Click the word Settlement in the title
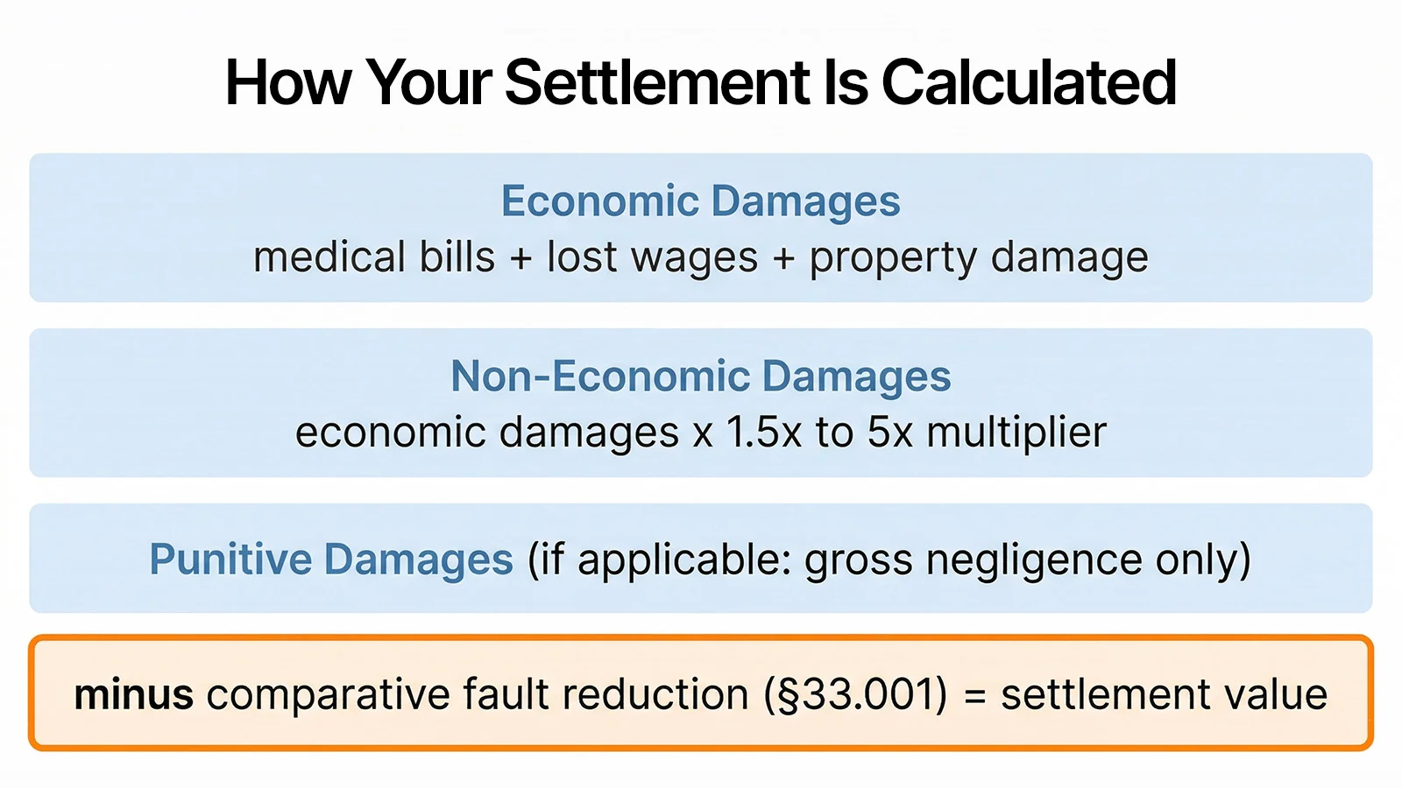(x=658, y=83)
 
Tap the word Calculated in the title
(x=1029, y=83)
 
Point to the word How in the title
(x=288, y=83)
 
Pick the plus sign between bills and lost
(x=521, y=259)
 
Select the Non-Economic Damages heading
(x=700, y=376)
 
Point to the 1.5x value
(x=763, y=433)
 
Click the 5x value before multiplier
(x=889, y=433)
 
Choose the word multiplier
(x=1016, y=433)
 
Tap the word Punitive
(x=230, y=559)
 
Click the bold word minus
(x=133, y=695)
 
